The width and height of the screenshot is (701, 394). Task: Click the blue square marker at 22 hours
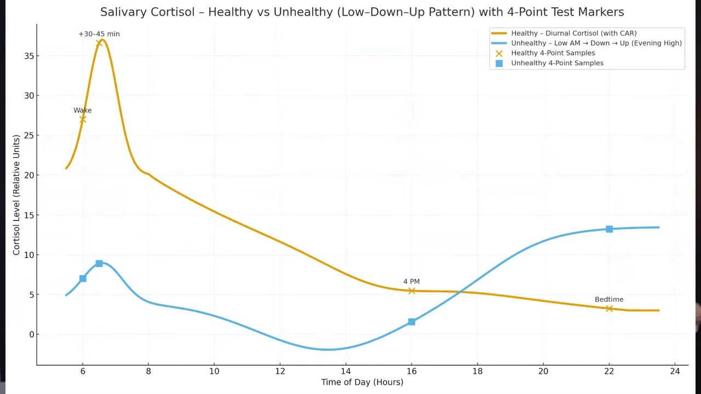tap(609, 229)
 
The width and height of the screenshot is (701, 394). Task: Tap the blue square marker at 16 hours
tap(411, 322)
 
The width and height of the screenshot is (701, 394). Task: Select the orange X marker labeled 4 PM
tap(411, 291)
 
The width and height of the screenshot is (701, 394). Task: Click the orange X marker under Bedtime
tap(609, 309)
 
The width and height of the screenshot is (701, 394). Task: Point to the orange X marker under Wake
tap(83, 119)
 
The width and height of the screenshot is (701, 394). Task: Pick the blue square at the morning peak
tap(99, 264)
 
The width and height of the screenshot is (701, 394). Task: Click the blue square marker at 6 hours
tap(83, 279)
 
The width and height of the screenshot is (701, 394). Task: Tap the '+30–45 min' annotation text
tap(99, 34)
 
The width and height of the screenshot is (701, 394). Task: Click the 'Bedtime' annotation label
tap(609, 299)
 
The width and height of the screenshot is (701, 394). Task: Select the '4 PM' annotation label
tap(411, 281)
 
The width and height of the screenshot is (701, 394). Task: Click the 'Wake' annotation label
tap(83, 110)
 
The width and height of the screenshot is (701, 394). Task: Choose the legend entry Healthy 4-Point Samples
tap(553, 53)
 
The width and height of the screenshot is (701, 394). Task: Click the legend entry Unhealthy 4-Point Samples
tap(557, 63)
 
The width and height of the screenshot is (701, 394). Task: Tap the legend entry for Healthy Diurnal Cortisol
tap(573, 33)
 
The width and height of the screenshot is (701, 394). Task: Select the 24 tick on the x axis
tap(675, 371)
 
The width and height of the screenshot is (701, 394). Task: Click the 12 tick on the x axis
tap(280, 371)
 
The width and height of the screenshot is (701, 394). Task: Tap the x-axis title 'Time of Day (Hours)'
tap(362, 382)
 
